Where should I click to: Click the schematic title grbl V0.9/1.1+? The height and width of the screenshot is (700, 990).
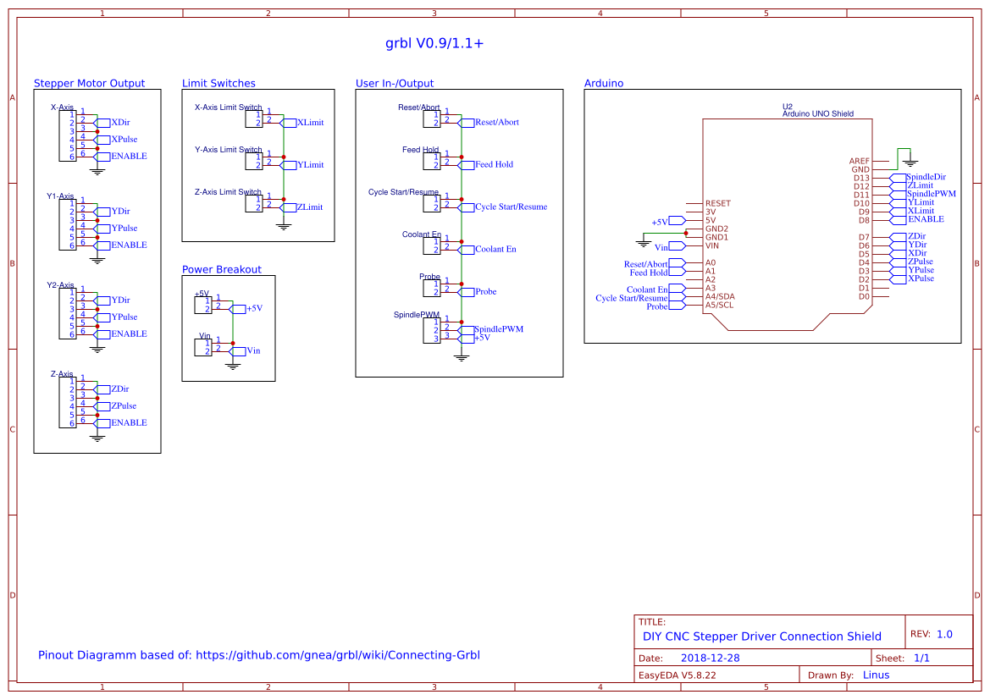(434, 43)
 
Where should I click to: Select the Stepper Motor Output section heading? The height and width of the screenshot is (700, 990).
(89, 84)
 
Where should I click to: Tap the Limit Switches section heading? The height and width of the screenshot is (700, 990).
(218, 84)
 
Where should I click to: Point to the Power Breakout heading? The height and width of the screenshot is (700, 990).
(222, 270)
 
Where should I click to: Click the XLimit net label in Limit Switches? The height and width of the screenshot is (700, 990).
(310, 123)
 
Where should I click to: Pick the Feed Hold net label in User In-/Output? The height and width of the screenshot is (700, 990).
(494, 165)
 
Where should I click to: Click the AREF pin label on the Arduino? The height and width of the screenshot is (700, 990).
(859, 161)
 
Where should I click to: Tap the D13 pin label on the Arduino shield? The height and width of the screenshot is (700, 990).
(861, 178)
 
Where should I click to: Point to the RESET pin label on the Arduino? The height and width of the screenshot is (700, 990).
(717, 204)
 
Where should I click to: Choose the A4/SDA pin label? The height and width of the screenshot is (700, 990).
(720, 297)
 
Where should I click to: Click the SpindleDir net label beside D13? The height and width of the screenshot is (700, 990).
(926, 177)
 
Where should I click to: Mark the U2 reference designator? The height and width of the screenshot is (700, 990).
(787, 107)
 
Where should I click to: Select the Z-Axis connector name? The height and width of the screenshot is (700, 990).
(62, 374)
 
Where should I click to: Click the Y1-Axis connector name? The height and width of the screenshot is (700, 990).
(60, 196)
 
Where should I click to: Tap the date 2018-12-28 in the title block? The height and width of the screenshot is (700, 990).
(710, 659)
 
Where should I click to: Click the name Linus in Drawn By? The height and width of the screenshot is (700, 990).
(876, 675)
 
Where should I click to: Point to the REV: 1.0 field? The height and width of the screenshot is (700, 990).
(931, 634)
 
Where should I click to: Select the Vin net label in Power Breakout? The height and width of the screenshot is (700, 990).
(253, 351)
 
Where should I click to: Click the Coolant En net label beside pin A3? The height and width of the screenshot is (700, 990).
(647, 290)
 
